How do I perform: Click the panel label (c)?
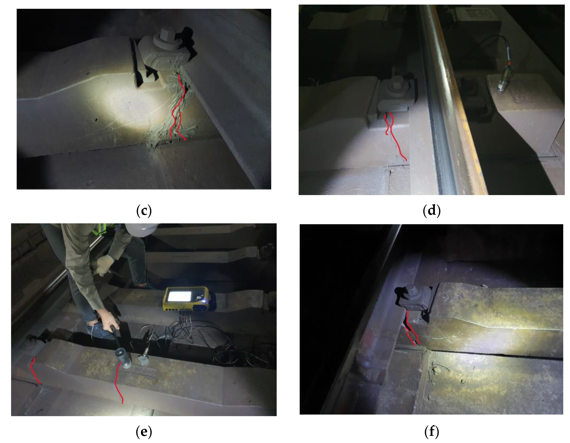144,211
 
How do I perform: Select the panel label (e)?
144,432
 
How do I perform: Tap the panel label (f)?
432,432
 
